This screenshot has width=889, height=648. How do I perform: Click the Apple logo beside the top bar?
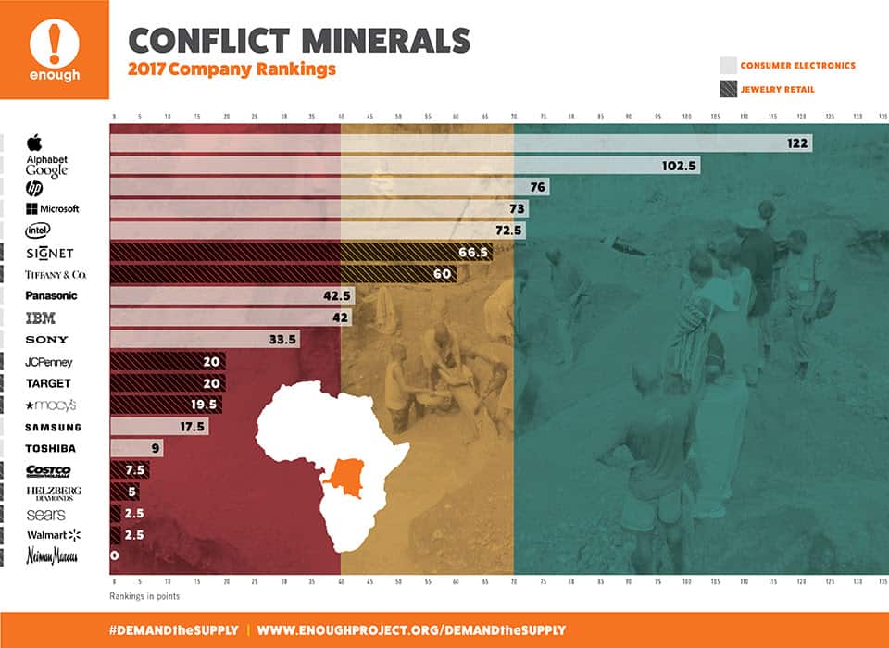tap(35, 143)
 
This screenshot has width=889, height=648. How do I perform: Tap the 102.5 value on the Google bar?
tap(681, 165)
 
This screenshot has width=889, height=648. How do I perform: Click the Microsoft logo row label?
tap(53, 209)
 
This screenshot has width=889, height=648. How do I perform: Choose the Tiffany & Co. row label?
tap(56, 275)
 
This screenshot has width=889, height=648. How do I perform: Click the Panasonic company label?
tap(52, 296)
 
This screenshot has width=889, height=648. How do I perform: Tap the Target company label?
tap(48, 383)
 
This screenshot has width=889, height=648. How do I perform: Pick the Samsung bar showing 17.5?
tap(158, 427)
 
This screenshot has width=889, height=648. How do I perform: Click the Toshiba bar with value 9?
tap(124, 449)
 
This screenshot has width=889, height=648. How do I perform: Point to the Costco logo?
tap(48, 470)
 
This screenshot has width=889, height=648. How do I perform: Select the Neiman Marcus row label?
tap(52, 556)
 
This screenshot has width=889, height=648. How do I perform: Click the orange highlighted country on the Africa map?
tap(349, 476)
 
